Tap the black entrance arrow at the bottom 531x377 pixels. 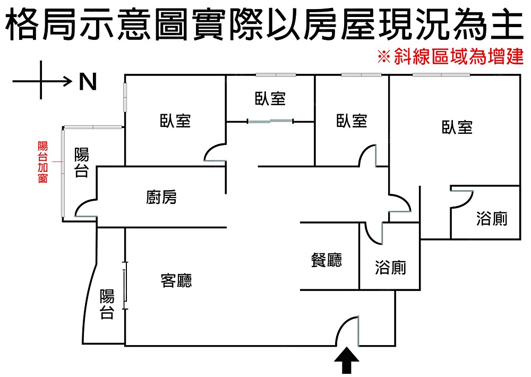point(347,362)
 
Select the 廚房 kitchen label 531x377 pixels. point(161,198)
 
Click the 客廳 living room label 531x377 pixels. point(176,280)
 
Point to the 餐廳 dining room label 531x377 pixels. point(327,260)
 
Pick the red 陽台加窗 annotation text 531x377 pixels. point(43,162)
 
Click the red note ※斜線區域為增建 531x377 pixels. point(450,57)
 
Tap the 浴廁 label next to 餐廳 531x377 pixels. point(390,267)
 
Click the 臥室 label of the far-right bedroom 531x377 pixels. point(457,127)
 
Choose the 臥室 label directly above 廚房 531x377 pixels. point(175,121)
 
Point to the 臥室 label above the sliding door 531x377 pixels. point(270,98)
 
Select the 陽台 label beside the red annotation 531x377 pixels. point(81,162)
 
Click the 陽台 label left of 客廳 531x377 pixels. point(107,304)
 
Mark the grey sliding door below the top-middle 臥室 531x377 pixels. point(270,122)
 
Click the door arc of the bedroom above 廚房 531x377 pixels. point(215,151)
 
